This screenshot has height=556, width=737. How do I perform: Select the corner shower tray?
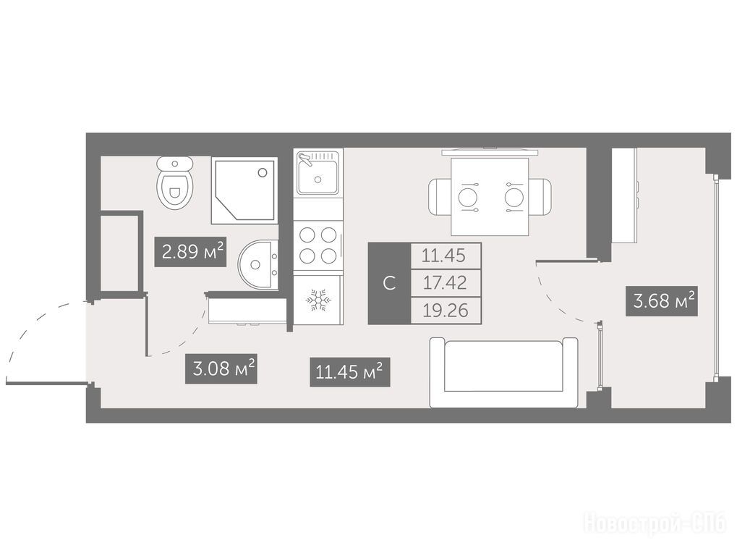click(244, 190)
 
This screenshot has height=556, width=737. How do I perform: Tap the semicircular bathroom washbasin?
click(257, 264)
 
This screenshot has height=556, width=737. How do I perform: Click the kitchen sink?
click(318, 172)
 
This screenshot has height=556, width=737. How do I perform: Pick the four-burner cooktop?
click(318, 245)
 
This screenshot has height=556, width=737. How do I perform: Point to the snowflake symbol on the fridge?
click(318, 300)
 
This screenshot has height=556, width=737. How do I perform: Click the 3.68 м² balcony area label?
click(662, 300)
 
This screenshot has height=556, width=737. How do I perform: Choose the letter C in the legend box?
click(389, 283)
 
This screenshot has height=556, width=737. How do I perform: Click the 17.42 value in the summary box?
click(445, 282)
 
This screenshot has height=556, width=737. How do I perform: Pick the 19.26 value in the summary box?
click(445, 311)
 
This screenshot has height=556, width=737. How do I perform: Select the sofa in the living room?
click(503, 373)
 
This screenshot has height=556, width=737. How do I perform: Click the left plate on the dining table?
click(469, 197)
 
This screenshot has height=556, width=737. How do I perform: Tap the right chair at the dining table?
click(540, 197)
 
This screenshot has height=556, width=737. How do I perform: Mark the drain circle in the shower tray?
click(263, 172)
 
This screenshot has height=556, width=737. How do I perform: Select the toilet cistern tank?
click(175, 164)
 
